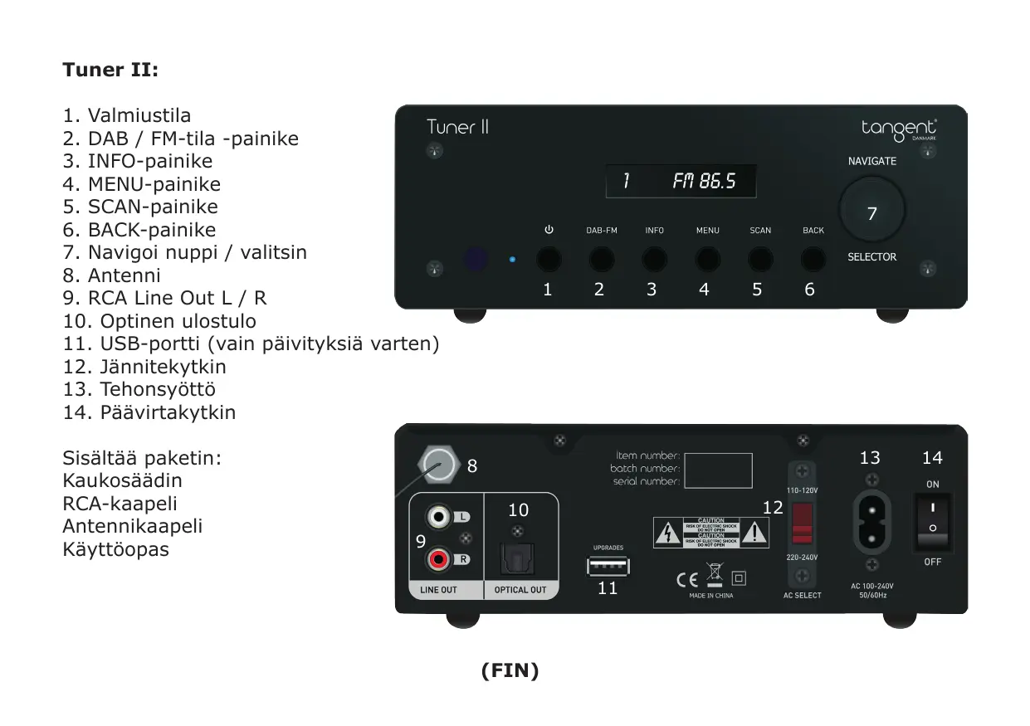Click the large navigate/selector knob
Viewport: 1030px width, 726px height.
coord(871,209)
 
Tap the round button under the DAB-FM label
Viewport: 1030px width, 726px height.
coord(602,260)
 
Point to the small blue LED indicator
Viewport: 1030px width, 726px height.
coord(512,260)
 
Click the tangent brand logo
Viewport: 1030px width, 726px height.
coord(899,129)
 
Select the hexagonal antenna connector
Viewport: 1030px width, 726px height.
coord(438,465)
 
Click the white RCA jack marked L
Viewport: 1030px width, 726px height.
coord(437,518)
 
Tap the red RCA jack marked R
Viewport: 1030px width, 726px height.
coord(437,559)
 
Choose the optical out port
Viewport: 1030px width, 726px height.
coord(520,561)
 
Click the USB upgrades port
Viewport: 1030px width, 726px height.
coord(608,567)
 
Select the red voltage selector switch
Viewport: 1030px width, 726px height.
coord(802,522)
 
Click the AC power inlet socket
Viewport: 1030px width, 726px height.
coord(871,521)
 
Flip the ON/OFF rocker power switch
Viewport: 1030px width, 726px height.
coord(932,523)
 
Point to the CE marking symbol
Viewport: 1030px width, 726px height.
coord(686,578)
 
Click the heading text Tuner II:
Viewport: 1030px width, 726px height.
coord(110,70)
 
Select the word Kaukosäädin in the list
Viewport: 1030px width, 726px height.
coord(122,481)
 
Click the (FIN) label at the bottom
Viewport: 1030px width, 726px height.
coord(510,671)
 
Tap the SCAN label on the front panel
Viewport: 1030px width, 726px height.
coord(760,231)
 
